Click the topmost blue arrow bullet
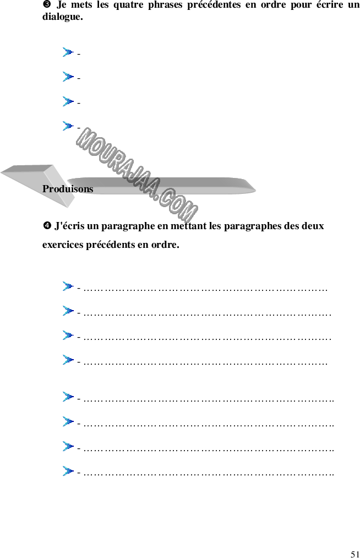click(68, 52)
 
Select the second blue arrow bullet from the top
click(68, 77)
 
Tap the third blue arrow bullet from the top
click(68, 101)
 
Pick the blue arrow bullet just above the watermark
click(68, 126)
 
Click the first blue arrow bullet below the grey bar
click(68, 286)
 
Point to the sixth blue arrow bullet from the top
click(68, 311)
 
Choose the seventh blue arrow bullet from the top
click(68, 335)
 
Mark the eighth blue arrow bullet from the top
click(68, 360)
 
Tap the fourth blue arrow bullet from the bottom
click(68, 397)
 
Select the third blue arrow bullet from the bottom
click(68, 421)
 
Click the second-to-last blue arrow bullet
click(68, 446)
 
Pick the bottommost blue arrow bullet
click(68, 471)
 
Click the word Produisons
click(68, 189)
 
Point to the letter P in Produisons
click(46, 189)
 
